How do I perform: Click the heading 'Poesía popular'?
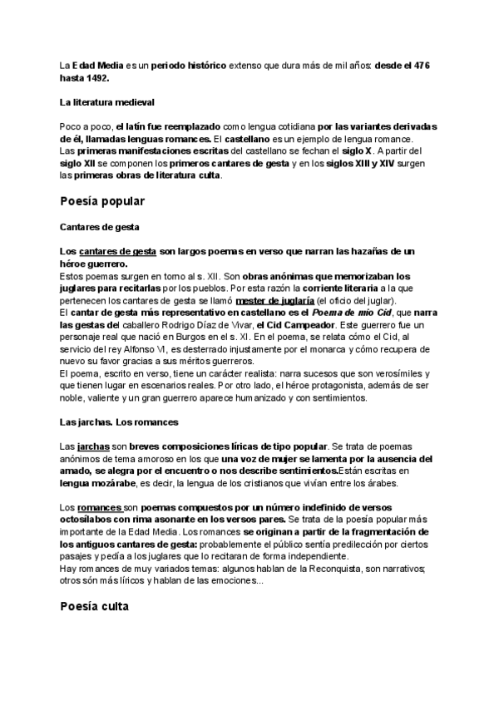[102, 201]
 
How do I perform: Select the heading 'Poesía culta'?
[94, 606]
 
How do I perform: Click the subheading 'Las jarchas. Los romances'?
[119, 422]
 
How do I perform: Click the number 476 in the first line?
[421, 65]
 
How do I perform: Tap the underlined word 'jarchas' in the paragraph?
[91, 446]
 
